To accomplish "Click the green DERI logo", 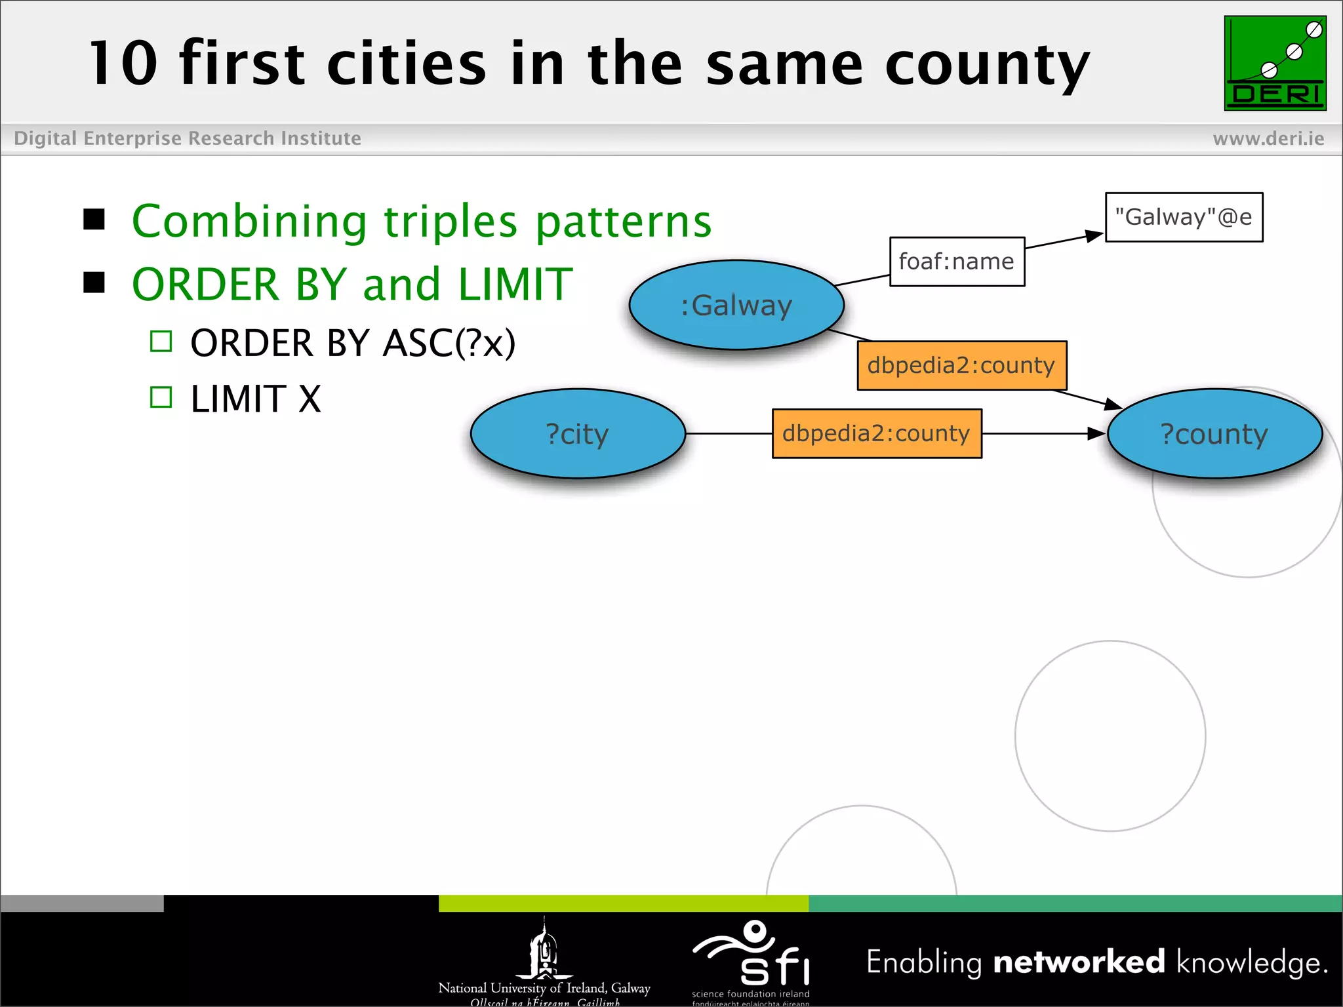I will (1275, 63).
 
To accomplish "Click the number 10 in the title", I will (123, 64).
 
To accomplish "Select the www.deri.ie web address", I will (1268, 138).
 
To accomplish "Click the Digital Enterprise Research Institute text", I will (188, 138).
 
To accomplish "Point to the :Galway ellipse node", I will (736, 306).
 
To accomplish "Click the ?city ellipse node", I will (578, 434).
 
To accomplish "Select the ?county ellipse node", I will (1214, 434).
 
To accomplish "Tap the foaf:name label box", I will (956, 262).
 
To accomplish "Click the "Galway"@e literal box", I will (1184, 217).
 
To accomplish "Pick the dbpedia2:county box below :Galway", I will (961, 365).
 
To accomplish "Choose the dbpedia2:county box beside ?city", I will (876, 433).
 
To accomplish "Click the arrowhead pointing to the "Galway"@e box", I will (1094, 235).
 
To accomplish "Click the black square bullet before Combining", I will (94, 220).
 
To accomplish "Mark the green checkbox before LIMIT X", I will (161, 397).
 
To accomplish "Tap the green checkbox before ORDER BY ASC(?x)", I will (161, 342).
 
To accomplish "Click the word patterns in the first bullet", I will (623, 222).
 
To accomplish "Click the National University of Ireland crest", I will (544, 949).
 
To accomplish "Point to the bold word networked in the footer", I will (1079, 962).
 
